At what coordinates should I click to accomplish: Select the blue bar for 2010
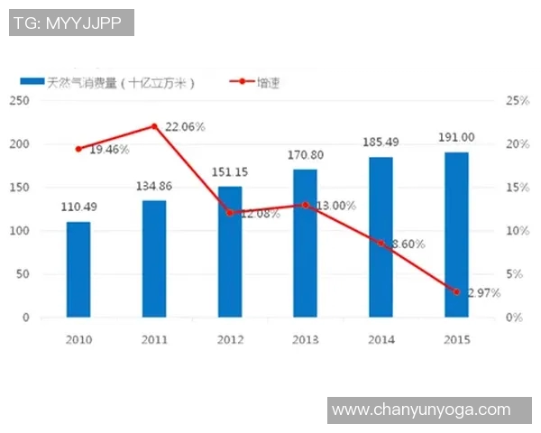78,269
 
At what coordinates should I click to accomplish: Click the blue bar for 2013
305,243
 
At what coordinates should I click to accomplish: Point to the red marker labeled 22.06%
154,126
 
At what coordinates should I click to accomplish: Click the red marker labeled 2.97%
456,292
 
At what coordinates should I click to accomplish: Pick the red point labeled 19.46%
78,149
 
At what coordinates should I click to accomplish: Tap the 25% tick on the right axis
517,101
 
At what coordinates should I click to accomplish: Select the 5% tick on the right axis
514,274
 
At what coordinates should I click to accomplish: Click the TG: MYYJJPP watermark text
71,23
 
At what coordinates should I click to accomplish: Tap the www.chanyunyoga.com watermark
421,410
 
